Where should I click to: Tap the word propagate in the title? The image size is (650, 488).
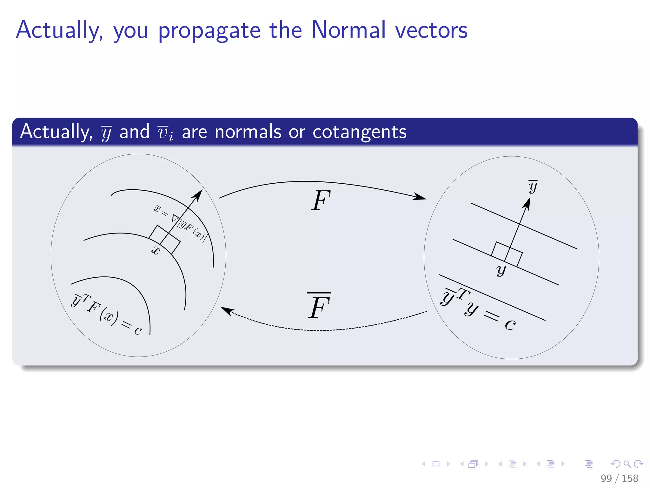tap(209, 31)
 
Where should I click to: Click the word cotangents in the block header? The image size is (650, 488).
tap(359, 132)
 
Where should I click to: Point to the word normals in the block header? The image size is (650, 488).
tap(248, 132)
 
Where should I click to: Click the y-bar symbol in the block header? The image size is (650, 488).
tap(106, 133)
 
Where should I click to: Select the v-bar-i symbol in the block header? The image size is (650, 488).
tap(165, 133)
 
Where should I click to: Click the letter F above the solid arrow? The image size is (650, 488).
tap(321, 201)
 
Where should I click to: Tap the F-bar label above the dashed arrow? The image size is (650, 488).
tap(319, 306)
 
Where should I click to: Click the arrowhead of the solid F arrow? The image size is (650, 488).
tap(421, 197)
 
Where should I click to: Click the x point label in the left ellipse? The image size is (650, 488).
tap(156, 250)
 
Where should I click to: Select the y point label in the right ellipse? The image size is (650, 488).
tap(501, 270)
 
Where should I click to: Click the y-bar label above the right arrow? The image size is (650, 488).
tap(533, 186)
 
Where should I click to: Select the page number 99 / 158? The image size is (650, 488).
tap(619, 478)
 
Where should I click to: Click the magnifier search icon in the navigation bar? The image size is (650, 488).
tap(627, 464)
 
